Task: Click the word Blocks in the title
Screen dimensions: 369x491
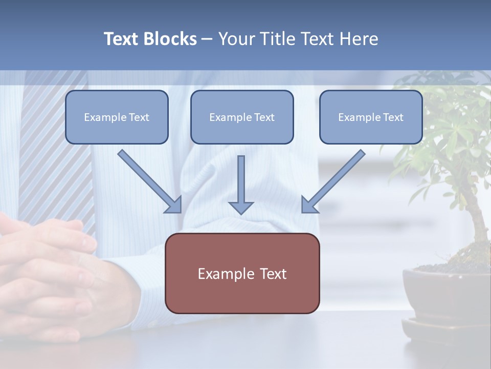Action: (169, 39)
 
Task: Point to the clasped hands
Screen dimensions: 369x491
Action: (46, 277)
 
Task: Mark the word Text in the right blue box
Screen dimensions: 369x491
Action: (393, 117)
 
